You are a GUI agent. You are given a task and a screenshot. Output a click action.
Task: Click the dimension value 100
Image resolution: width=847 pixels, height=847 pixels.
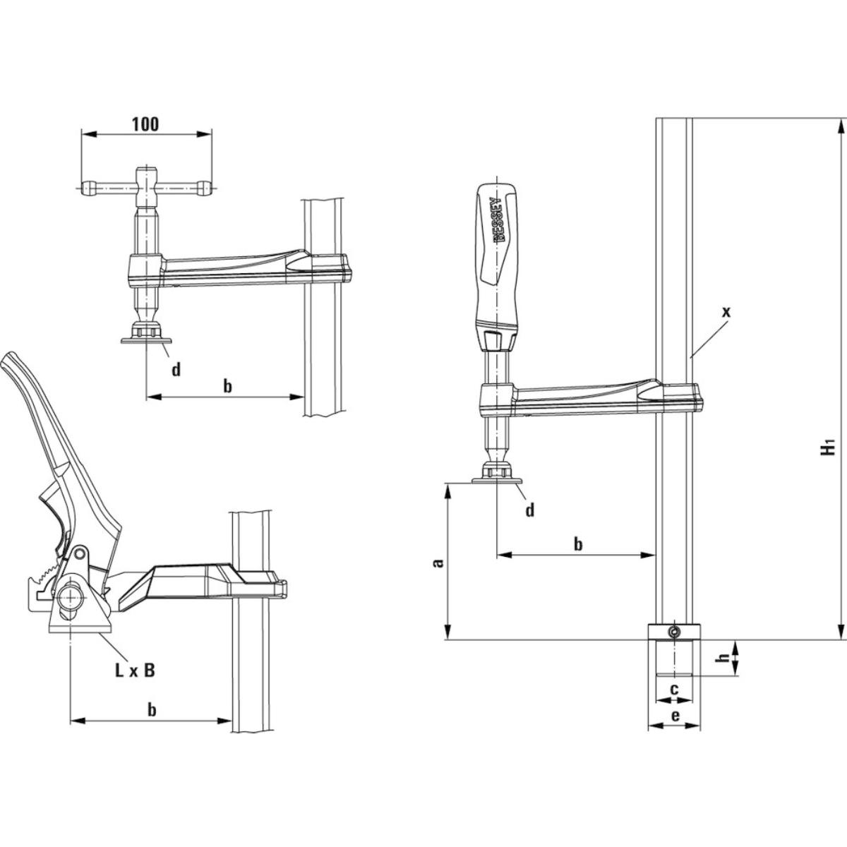click(145, 124)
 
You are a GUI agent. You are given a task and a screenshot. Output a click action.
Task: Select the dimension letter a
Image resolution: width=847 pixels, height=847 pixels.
click(438, 563)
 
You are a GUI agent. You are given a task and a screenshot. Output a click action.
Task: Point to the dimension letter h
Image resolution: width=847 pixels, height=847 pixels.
click(721, 658)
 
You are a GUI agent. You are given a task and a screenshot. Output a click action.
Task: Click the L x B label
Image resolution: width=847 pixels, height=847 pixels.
click(134, 670)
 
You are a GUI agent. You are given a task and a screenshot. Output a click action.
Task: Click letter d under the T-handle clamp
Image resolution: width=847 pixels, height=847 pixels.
click(176, 368)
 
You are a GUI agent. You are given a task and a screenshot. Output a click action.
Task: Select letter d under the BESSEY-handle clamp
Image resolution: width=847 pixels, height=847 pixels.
click(529, 509)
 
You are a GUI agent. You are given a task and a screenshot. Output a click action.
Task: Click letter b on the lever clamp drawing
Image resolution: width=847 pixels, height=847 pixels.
click(151, 709)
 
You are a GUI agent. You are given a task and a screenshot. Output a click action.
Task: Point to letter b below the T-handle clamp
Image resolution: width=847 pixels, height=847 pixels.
click(227, 386)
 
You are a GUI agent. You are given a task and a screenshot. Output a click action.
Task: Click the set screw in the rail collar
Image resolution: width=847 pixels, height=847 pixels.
click(674, 630)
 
